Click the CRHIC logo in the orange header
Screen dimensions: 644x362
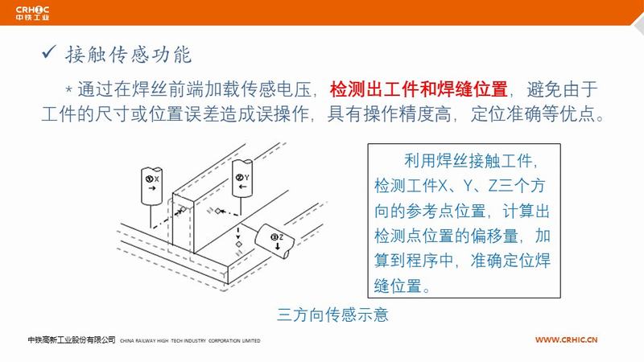pyautogui.click(x=32, y=13)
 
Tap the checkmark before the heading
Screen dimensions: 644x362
pyautogui.click(x=48, y=52)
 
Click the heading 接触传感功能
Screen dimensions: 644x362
pyautogui.click(x=128, y=55)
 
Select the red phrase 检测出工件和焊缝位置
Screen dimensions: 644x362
pyautogui.click(x=419, y=89)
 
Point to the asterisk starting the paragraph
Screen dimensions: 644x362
pyautogui.click(x=69, y=89)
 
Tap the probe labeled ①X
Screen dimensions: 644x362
pyautogui.click(x=151, y=186)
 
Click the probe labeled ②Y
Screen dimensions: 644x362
pyautogui.click(x=242, y=179)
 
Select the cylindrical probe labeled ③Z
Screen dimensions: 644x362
pyautogui.click(x=275, y=241)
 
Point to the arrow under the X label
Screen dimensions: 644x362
pyautogui.click(x=152, y=188)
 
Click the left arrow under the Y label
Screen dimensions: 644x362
pyautogui.click(x=243, y=187)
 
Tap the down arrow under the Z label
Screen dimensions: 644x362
pyautogui.click(x=278, y=246)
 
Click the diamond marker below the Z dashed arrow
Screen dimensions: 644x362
pyautogui.click(x=238, y=245)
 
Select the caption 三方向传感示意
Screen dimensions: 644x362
pyautogui.click(x=332, y=315)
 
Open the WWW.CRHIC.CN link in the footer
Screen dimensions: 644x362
pyautogui.click(x=566, y=339)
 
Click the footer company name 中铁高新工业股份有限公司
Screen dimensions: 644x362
pyautogui.click(x=72, y=339)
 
